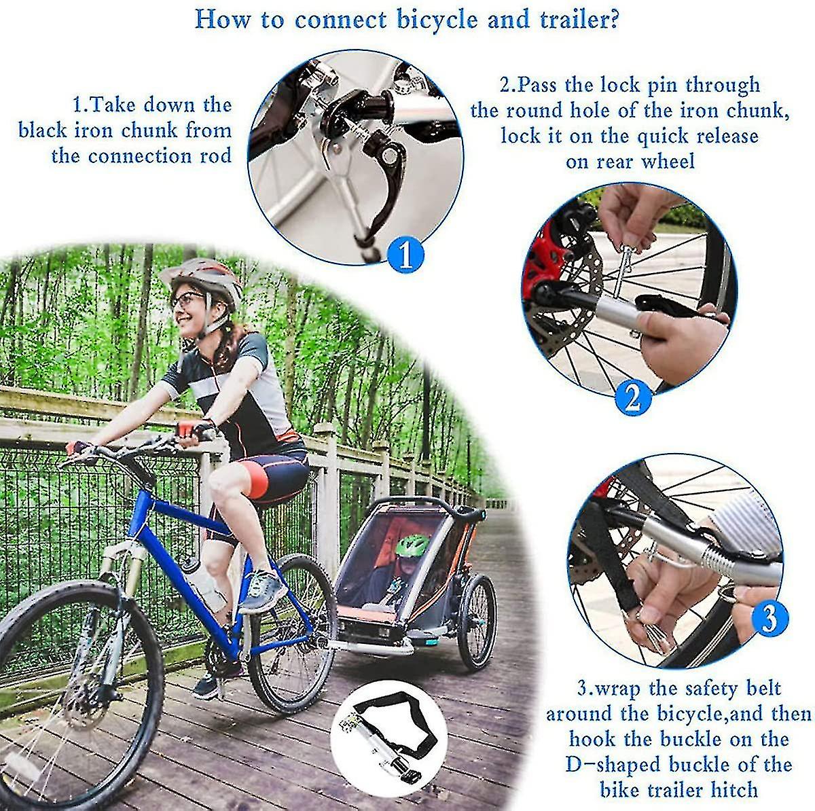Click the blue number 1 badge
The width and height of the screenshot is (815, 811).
point(405,254)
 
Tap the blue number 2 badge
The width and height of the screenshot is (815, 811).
point(633,397)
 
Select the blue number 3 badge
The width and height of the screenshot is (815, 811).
point(769,619)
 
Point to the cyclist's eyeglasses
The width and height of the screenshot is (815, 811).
point(186,298)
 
